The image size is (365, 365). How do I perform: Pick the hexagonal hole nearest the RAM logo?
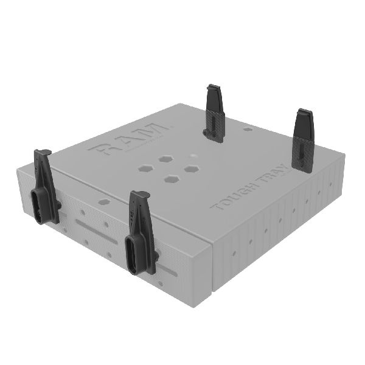(165, 158)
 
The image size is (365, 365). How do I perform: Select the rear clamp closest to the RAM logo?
(215, 113)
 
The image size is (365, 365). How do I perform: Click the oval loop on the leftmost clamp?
(40, 206)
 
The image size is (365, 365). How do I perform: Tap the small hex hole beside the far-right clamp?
(247, 129)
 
